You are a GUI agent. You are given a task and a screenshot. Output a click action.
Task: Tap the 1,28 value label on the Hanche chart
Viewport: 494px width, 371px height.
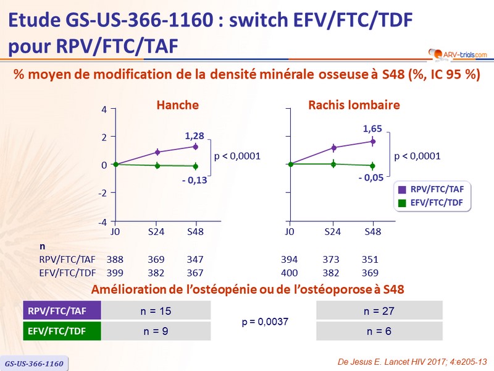click(x=195, y=135)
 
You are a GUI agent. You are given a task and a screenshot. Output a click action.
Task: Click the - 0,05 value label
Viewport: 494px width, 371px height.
click(x=371, y=177)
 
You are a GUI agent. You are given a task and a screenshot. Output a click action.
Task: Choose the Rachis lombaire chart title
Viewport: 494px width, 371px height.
click(x=354, y=105)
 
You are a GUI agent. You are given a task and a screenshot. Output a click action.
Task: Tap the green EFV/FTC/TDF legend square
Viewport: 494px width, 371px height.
click(x=402, y=202)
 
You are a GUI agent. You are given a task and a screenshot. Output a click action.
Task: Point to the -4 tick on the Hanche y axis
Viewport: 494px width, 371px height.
click(x=103, y=222)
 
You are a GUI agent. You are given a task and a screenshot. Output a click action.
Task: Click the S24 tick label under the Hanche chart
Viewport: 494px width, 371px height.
click(x=156, y=232)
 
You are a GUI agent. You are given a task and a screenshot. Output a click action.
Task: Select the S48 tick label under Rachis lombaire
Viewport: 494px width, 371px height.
click(x=372, y=232)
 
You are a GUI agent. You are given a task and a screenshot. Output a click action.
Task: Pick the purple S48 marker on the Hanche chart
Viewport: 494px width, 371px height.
click(x=195, y=147)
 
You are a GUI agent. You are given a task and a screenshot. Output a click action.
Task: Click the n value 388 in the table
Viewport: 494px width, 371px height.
click(x=115, y=260)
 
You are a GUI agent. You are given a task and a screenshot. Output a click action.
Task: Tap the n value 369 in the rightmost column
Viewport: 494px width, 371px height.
click(x=370, y=273)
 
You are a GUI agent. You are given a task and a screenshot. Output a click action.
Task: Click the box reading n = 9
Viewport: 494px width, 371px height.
click(x=156, y=331)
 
